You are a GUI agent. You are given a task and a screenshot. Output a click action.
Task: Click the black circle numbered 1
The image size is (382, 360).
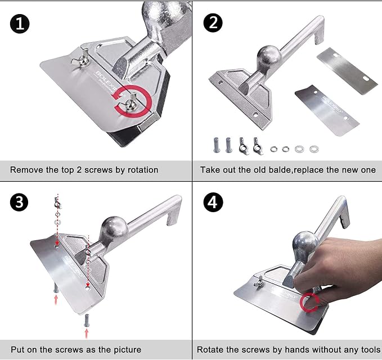point(20,24)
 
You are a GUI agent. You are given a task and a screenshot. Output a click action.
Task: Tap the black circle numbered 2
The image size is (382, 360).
point(213,22)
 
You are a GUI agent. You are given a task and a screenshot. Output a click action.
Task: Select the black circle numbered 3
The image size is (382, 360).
point(19,202)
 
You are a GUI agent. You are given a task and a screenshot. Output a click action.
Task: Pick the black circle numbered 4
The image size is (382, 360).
point(213,202)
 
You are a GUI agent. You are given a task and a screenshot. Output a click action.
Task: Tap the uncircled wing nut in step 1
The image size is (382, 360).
point(80,58)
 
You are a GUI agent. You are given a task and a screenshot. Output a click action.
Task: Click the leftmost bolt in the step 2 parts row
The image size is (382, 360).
point(217,145)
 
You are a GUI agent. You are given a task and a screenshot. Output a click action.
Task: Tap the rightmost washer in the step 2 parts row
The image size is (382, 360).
point(314,149)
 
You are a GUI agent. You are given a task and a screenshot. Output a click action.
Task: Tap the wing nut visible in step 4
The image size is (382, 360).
point(259,282)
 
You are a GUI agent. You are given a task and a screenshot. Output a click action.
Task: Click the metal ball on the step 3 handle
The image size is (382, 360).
point(114,228)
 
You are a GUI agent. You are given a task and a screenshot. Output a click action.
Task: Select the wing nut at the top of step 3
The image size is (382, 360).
point(57,203)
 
